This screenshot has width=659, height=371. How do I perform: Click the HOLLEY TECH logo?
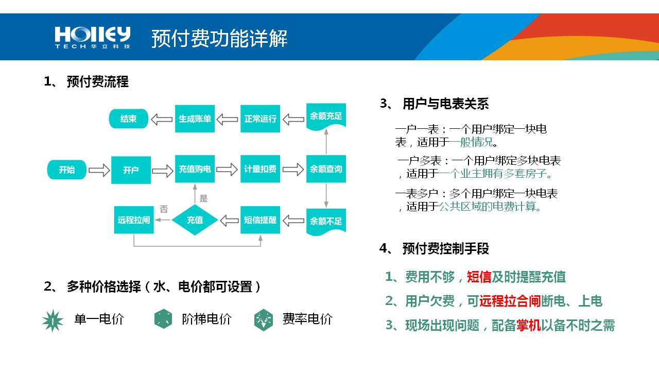pyautogui.click(x=93, y=38)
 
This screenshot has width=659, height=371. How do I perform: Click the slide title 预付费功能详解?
pyautogui.click(x=219, y=39)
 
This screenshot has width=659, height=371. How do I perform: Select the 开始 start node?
pyautogui.click(x=67, y=170)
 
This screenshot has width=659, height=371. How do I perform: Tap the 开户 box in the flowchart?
pyautogui.click(x=131, y=170)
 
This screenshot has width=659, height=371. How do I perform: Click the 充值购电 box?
pyautogui.click(x=195, y=169)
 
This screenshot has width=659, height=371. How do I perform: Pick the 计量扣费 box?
pyautogui.click(x=260, y=169)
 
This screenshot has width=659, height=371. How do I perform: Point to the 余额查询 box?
pyautogui.click(x=326, y=169)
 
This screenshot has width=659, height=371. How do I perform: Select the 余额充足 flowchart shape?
pyautogui.click(x=326, y=116)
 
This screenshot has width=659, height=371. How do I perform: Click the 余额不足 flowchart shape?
pyautogui.click(x=326, y=222)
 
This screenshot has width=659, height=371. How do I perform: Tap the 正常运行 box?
pyautogui.click(x=260, y=119)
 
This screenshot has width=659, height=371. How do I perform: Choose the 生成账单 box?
pyautogui.click(x=195, y=119)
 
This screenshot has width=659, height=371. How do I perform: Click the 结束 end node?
pyautogui.click(x=128, y=119)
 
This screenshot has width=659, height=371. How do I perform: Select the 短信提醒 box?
pyautogui.click(x=260, y=220)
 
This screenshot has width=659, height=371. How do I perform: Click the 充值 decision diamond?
pyautogui.click(x=195, y=220)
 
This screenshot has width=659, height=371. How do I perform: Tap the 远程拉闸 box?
pyautogui.click(x=134, y=220)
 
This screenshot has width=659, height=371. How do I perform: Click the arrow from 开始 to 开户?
pyautogui.click(x=99, y=170)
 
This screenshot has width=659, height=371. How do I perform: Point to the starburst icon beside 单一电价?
pyautogui.click(x=53, y=321)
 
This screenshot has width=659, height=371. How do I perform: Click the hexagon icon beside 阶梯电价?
pyautogui.click(x=163, y=319)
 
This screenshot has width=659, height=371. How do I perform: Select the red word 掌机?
pyautogui.click(x=529, y=325)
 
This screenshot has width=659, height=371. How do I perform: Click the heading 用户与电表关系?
pyautogui.click(x=445, y=104)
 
